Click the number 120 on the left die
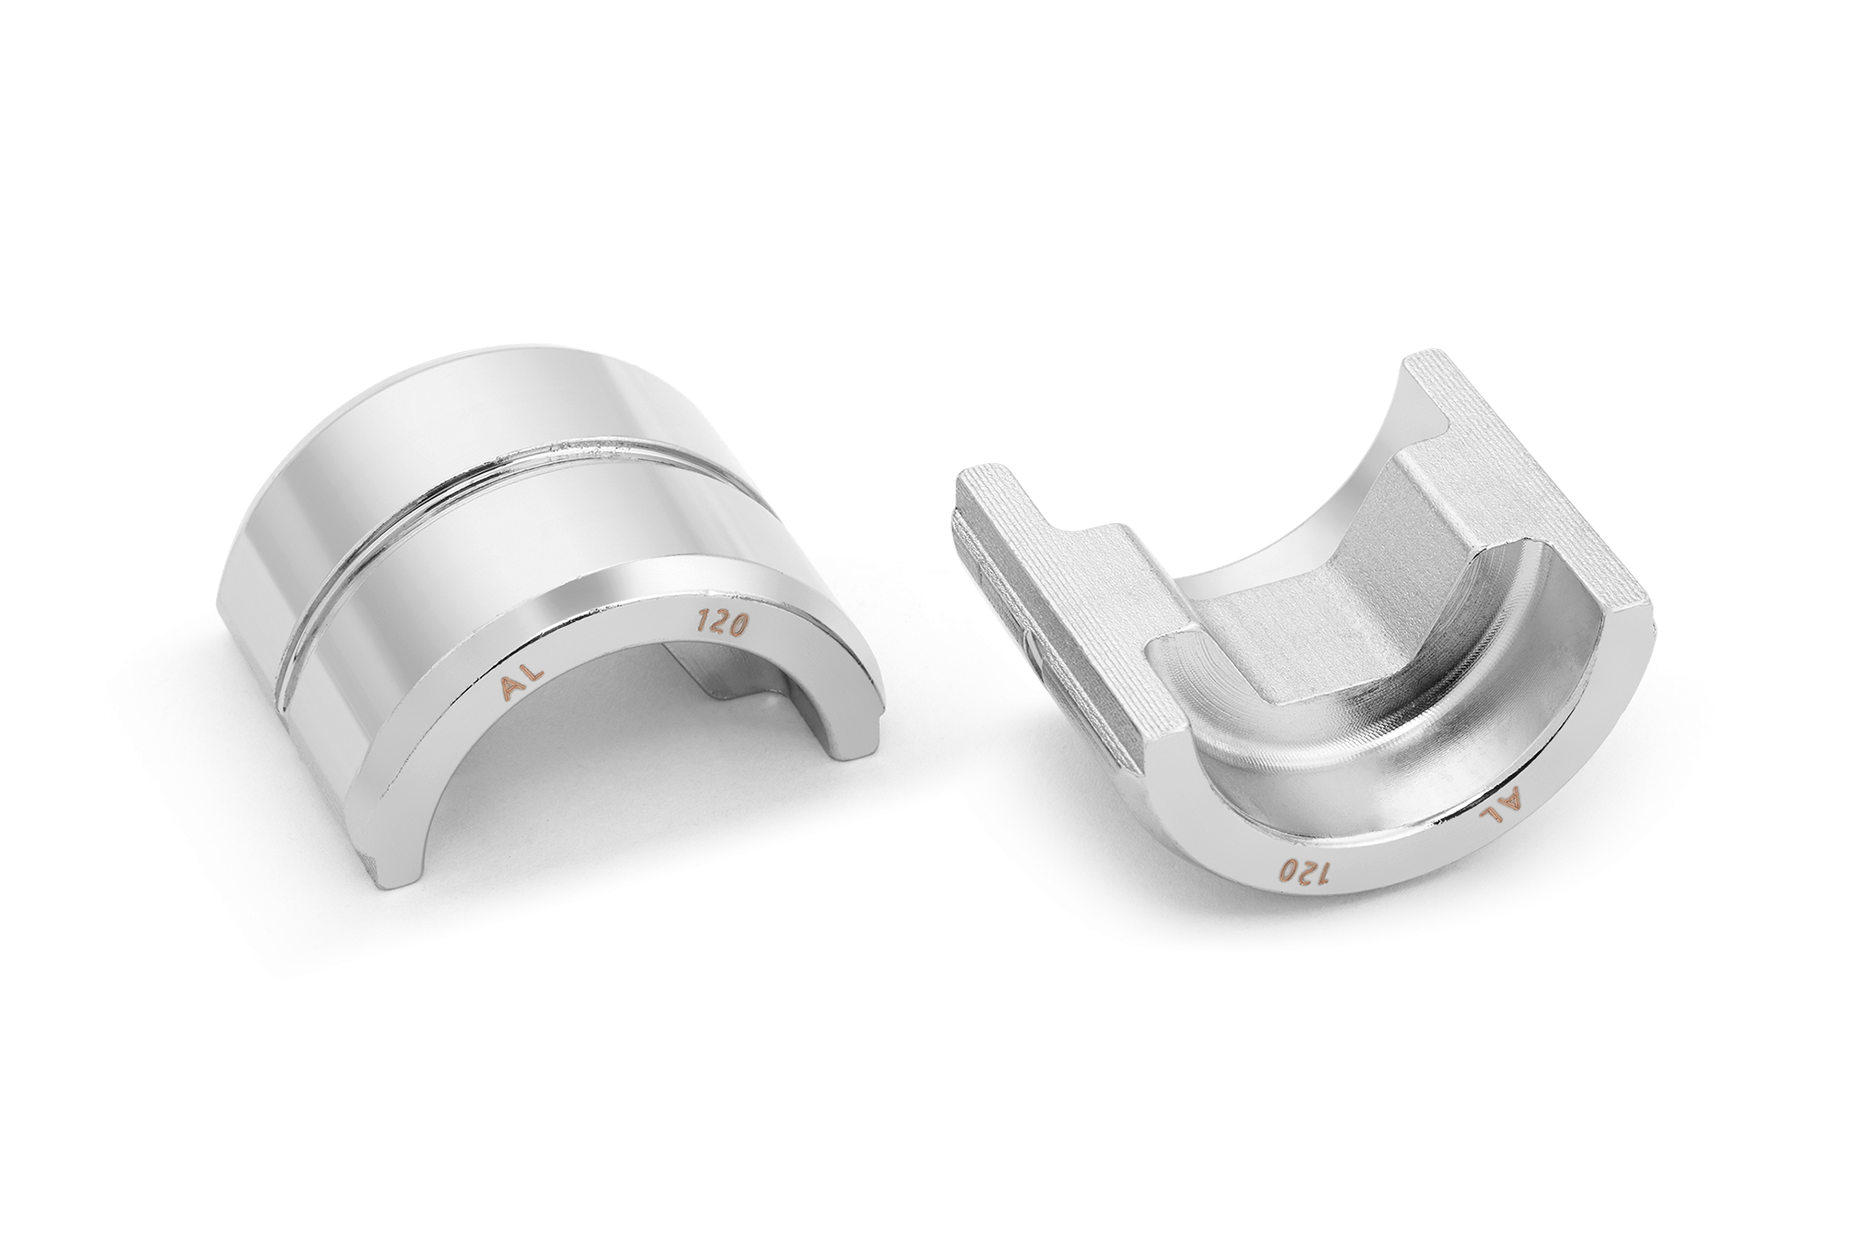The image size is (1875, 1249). (722, 622)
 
